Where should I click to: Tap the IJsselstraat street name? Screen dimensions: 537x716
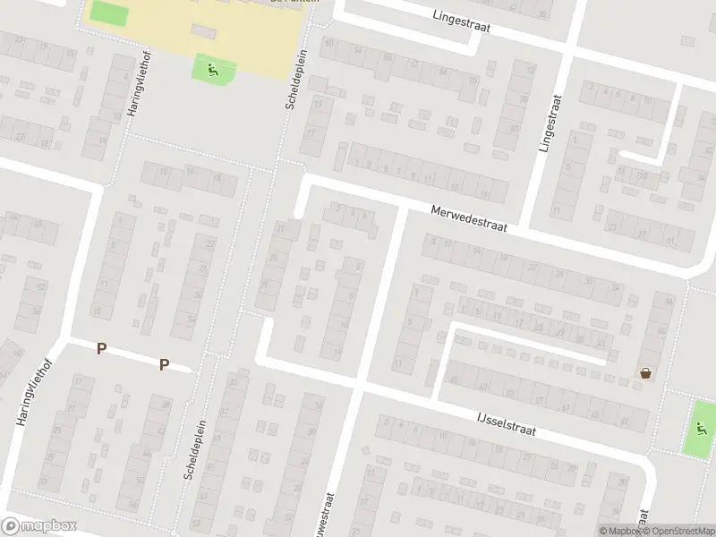point(505,422)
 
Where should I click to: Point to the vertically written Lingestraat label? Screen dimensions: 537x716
point(550,124)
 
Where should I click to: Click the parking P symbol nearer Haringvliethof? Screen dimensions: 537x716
point(102,348)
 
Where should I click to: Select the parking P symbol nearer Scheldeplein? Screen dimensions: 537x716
point(164,363)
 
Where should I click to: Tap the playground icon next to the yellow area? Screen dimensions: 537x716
point(212,69)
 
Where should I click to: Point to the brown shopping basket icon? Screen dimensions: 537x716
point(644,373)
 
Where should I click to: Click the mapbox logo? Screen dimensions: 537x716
point(39,525)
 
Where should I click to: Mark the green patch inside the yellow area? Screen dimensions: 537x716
point(108,13)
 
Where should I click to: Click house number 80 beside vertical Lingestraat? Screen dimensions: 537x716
point(515,128)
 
